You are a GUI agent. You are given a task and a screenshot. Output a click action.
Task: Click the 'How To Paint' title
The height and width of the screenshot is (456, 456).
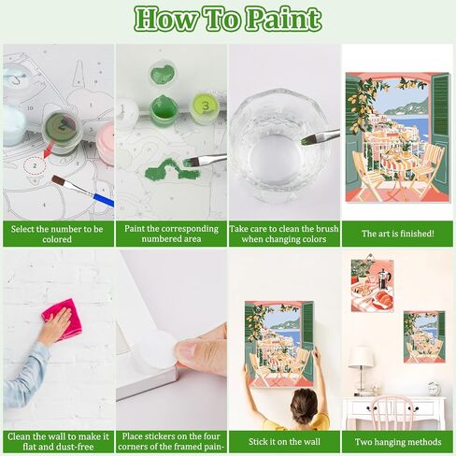(x=228, y=19)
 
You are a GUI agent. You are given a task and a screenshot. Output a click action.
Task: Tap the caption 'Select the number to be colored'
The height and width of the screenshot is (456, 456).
(x=57, y=233)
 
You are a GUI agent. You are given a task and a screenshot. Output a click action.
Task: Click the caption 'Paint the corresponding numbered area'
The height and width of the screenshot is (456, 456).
(x=171, y=233)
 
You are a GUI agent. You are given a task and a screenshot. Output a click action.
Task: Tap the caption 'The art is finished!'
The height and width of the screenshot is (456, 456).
(x=397, y=227)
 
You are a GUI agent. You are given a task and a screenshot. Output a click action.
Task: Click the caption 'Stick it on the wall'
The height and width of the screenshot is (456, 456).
(x=284, y=435)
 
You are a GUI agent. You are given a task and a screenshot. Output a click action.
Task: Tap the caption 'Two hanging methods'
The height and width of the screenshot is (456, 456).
(x=397, y=435)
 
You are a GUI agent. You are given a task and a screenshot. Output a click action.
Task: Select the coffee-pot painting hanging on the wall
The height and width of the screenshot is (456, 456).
(x=372, y=284)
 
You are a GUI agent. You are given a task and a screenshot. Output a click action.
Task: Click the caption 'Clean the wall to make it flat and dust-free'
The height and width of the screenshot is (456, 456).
(x=57, y=441)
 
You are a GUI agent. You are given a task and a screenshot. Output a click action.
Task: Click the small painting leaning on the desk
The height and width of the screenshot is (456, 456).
(x=424, y=336)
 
